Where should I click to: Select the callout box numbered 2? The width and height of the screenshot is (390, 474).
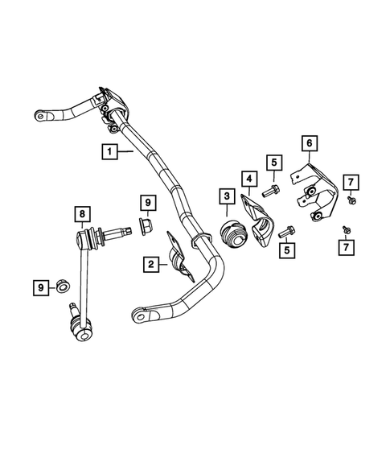(x=150, y=263)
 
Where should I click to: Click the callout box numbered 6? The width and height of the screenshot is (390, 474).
(x=308, y=143)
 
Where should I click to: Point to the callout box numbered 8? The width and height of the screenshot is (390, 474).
(x=80, y=214)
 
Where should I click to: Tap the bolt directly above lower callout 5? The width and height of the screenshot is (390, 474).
(x=285, y=232)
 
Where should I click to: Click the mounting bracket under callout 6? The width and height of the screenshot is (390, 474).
(x=314, y=193)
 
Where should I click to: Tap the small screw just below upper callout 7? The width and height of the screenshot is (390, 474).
(x=351, y=197)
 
